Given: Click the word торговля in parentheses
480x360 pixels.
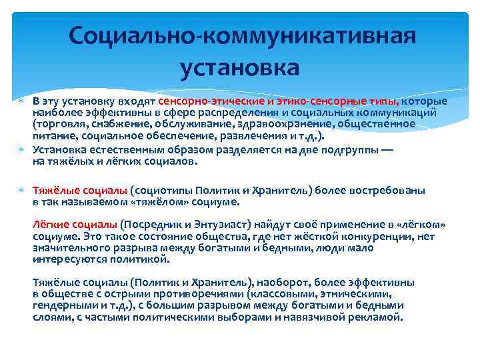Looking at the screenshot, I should pos(59,123).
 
